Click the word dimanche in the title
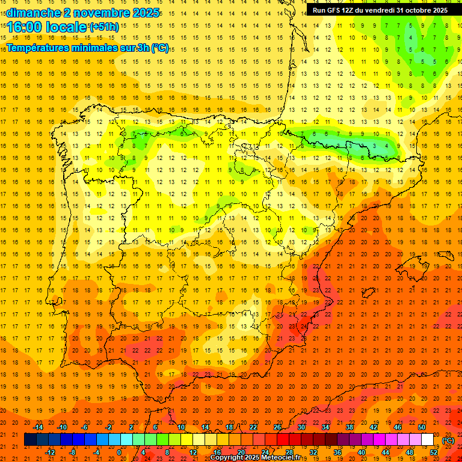tap(33, 13)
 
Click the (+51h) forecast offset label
tap(104, 27)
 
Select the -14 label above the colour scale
tap(38, 427)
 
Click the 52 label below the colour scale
tap(434, 452)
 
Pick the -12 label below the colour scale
tap(50, 452)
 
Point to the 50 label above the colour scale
tap(422, 427)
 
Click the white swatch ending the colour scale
tap(428, 440)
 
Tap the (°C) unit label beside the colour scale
tap(448, 440)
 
